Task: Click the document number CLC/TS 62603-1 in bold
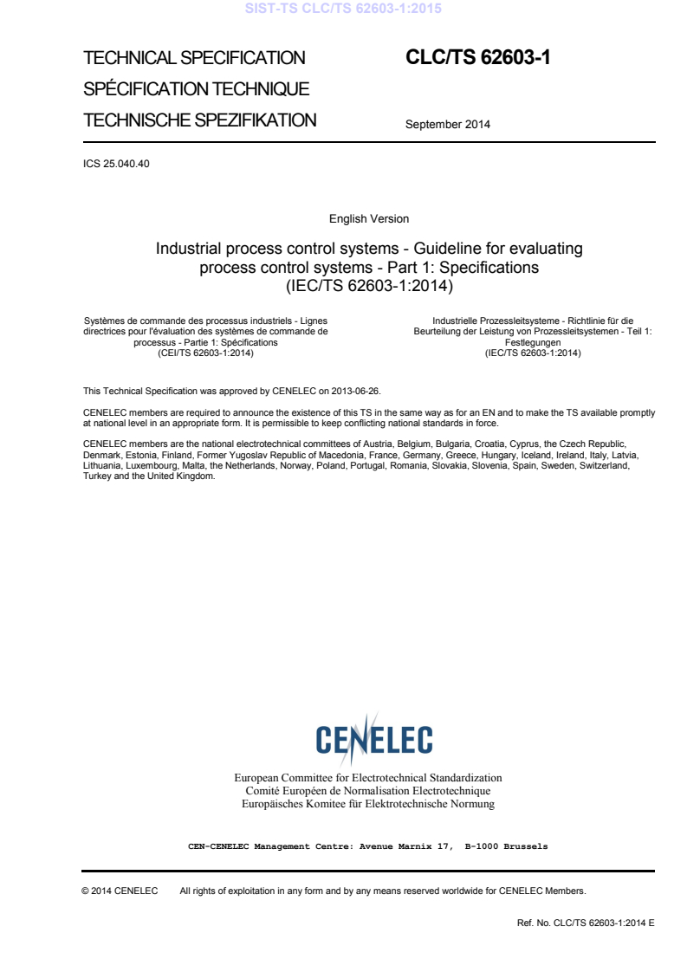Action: click(x=478, y=58)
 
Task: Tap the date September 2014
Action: click(x=447, y=124)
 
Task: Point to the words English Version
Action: click(x=369, y=219)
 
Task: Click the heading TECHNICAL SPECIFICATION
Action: click(x=194, y=58)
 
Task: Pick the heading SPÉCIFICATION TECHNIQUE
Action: click(x=197, y=89)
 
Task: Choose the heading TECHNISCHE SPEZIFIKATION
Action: click(x=199, y=120)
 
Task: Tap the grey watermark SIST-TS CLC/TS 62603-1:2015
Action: click(x=343, y=9)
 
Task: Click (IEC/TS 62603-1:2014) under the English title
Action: click(x=369, y=284)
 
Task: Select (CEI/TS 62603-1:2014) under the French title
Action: click(x=205, y=353)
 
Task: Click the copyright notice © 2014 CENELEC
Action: click(x=120, y=891)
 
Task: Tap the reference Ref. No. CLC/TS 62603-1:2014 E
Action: click(x=586, y=923)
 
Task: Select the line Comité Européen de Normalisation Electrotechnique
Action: click(x=368, y=791)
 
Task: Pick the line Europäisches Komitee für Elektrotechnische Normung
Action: click(x=368, y=804)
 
